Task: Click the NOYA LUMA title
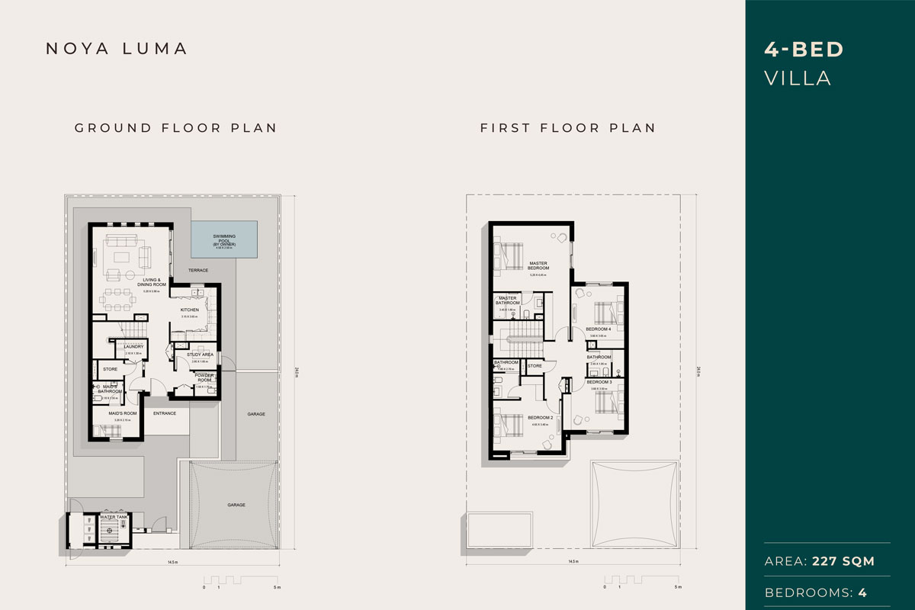pos(117,49)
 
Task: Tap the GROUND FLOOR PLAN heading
pos(175,128)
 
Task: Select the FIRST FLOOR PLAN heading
pos(567,128)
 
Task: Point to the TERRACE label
pos(198,271)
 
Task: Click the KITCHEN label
pos(189,310)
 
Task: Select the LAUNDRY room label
pos(134,347)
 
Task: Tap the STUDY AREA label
pos(200,355)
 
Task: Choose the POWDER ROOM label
pos(204,377)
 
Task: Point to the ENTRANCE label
pos(165,413)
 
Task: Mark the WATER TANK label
pos(113,516)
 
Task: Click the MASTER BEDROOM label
pos(539,266)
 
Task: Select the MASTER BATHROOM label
pos(509,300)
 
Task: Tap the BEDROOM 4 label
pos(599,329)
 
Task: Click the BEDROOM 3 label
pos(599,382)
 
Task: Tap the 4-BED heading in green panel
pos(804,50)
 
